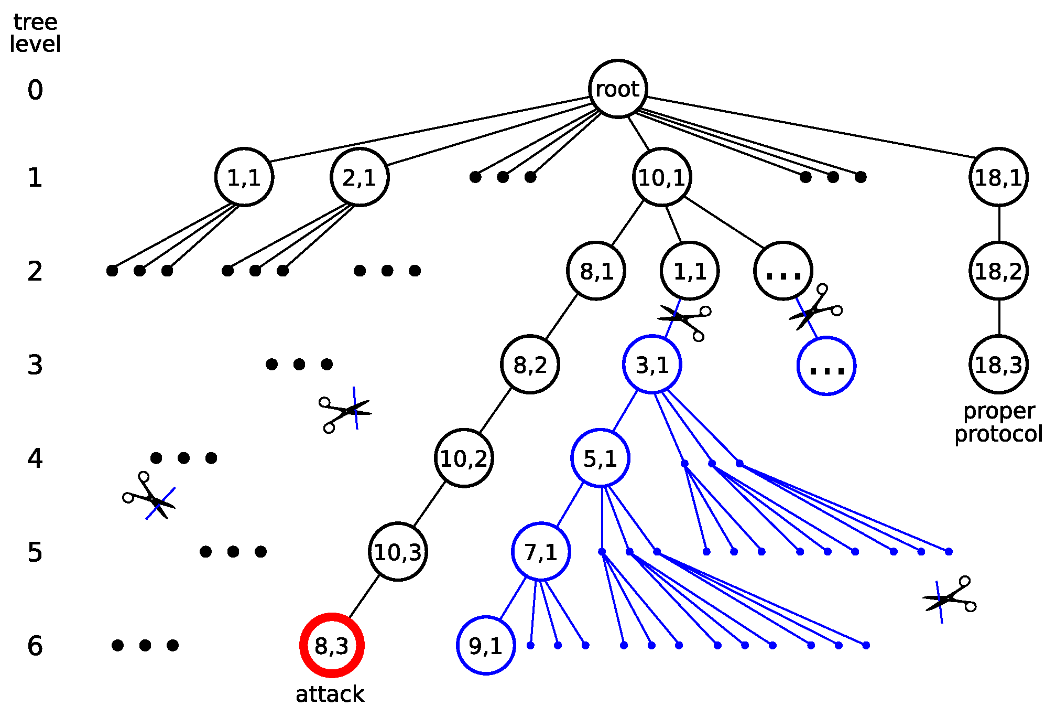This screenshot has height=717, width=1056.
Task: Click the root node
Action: coord(618,89)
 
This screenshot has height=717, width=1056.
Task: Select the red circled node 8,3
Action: coord(332,645)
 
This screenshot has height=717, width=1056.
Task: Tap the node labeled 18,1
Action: coord(998,177)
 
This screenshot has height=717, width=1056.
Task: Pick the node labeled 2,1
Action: coord(360,177)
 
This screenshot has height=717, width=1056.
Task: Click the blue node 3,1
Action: coord(652,365)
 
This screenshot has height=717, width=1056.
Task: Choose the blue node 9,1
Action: coord(486,645)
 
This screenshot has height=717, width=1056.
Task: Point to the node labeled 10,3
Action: coord(398,552)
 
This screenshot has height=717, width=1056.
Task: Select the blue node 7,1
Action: coord(541,552)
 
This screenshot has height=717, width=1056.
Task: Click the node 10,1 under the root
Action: coord(662,177)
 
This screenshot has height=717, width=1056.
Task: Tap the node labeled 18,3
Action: coord(998,365)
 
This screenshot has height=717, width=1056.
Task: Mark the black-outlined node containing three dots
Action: coord(783,271)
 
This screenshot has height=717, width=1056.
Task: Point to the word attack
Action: coord(330,694)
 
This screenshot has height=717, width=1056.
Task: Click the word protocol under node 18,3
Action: coord(998,434)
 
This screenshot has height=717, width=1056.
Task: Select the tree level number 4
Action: coord(35,458)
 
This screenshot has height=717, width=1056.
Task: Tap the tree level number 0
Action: coord(35,90)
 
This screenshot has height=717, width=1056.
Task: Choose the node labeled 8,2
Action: coord(530,365)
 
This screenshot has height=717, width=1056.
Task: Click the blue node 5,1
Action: coord(600,458)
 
